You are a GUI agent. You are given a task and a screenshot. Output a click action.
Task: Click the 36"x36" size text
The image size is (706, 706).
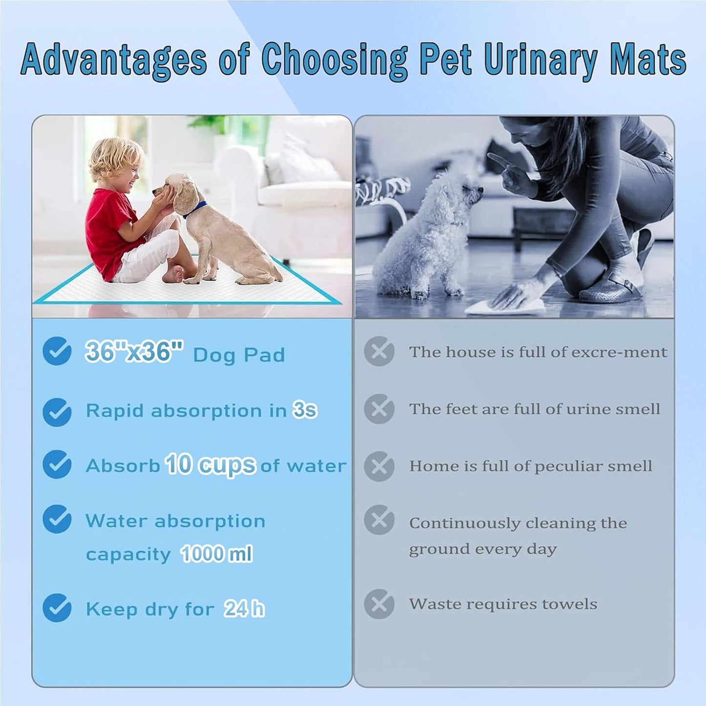(134, 351)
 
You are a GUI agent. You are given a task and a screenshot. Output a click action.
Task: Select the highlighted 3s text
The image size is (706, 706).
(305, 410)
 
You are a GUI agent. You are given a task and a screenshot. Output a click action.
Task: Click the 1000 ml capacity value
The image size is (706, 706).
(216, 554)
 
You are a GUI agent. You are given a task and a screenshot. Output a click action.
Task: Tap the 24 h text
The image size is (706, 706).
(244, 609)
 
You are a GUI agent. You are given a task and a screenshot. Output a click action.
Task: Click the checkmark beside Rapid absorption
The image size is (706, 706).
(57, 411)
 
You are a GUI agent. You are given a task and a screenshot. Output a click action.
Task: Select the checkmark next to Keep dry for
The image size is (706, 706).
(57, 608)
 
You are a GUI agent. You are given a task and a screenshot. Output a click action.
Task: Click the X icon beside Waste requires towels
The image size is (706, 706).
(379, 604)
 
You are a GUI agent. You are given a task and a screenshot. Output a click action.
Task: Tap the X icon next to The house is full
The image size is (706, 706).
(379, 351)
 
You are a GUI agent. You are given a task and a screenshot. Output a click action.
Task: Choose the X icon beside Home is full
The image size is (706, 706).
(379, 466)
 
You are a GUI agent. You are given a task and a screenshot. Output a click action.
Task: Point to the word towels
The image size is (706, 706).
(572, 604)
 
